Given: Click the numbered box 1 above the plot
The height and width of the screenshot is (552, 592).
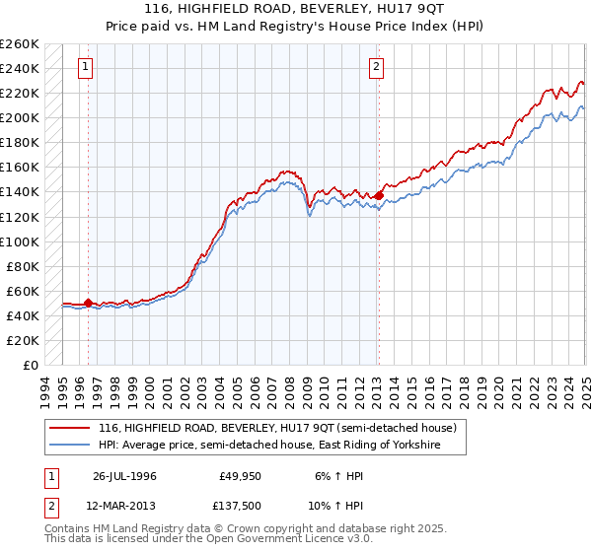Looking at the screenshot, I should tap(88, 67).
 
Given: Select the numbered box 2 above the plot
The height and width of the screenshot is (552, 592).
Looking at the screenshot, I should tap(377, 67).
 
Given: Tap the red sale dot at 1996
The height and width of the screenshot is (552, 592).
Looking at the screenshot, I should tap(88, 303).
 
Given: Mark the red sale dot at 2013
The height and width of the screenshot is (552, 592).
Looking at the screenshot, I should tap(378, 195).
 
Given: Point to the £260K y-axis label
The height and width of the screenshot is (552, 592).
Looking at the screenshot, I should tap(21, 44).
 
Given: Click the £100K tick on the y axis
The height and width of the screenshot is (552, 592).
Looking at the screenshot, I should tap(21, 241).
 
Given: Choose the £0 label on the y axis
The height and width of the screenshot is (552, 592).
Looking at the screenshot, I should tap(32, 365).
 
